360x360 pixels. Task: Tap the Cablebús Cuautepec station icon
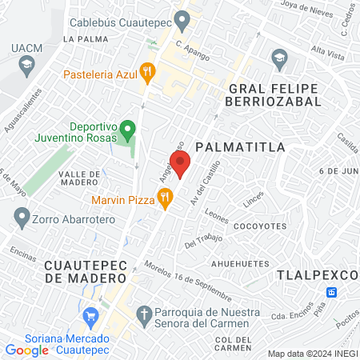[182, 18]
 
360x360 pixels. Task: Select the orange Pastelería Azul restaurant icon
[146, 73]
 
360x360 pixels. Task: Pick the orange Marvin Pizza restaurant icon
[164, 199]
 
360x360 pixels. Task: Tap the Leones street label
[216, 215]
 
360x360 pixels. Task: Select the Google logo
[27, 350]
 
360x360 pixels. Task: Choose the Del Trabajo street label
[201, 238]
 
